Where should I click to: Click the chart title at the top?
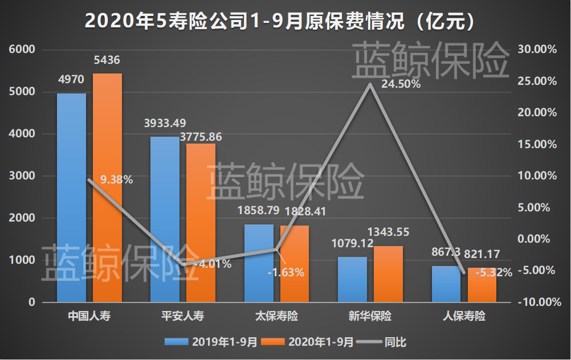coord(280,21)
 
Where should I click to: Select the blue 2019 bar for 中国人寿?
coord(71,199)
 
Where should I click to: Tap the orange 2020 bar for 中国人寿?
coord(107,188)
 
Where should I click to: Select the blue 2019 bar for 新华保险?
coord(352,280)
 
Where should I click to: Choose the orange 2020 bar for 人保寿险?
coord(482,285)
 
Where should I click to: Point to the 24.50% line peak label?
coord(401,84)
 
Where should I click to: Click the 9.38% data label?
coord(116,180)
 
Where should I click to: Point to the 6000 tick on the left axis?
coord(22,50)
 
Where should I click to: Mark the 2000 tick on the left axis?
coord(22,218)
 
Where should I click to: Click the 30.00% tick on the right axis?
coord(537,50)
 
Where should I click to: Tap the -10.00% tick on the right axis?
coord(537,302)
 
